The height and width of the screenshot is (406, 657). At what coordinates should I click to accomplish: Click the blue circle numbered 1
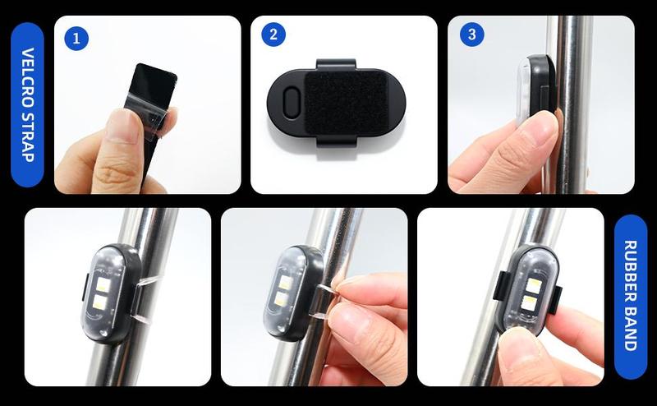[76, 39]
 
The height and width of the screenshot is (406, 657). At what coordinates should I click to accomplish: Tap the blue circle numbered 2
[273, 35]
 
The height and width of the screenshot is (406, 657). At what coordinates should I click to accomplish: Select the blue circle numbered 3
[471, 35]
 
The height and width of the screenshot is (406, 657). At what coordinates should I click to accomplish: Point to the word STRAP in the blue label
[28, 135]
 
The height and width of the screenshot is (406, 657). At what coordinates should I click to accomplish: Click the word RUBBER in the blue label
[631, 270]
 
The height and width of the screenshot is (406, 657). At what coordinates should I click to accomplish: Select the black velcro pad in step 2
[346, 103]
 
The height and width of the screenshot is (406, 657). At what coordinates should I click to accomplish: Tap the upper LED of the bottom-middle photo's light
[285, 281]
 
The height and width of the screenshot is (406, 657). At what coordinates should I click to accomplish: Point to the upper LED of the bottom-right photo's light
[534, 286]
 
